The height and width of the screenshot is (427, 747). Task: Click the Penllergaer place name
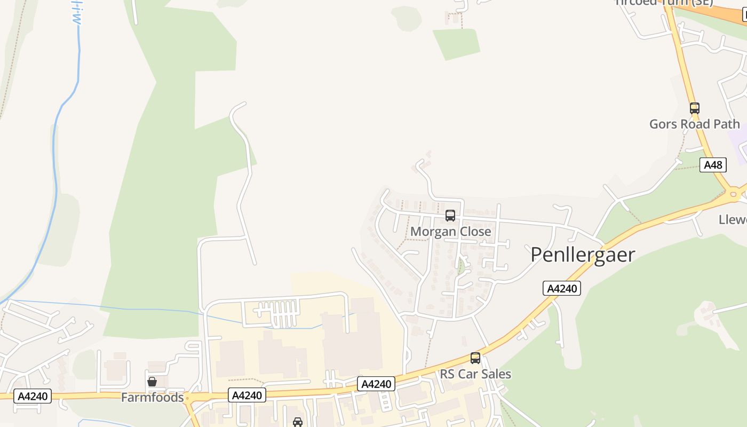pos(583,255)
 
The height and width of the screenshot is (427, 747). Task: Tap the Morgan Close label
pos(450,232)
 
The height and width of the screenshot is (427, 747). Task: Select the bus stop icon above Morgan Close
pos(450,216)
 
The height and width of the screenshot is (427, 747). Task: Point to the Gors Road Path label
pos(694,124)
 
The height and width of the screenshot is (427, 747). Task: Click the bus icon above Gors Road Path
pos(694,108)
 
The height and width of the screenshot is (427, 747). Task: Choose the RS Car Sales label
pos(475,374)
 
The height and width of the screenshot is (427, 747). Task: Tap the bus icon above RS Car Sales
pos(475,358)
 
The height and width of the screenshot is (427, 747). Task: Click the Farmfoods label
pos(152,397)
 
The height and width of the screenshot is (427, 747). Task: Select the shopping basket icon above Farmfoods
pos(152,382)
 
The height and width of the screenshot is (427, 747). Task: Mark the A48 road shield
pos(713,165)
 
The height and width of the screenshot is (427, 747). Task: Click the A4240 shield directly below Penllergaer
pos(562,288)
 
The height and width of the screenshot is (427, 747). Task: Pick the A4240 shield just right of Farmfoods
pos(247,395)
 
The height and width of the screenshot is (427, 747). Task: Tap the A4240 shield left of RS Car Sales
pos(376,384)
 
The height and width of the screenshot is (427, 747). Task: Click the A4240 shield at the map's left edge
pos(33,396)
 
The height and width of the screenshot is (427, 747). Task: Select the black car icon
pos(298,422)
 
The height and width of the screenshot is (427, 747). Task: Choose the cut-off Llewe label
pos(733,219)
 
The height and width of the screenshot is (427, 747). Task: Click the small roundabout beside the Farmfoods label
pos(188,398)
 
